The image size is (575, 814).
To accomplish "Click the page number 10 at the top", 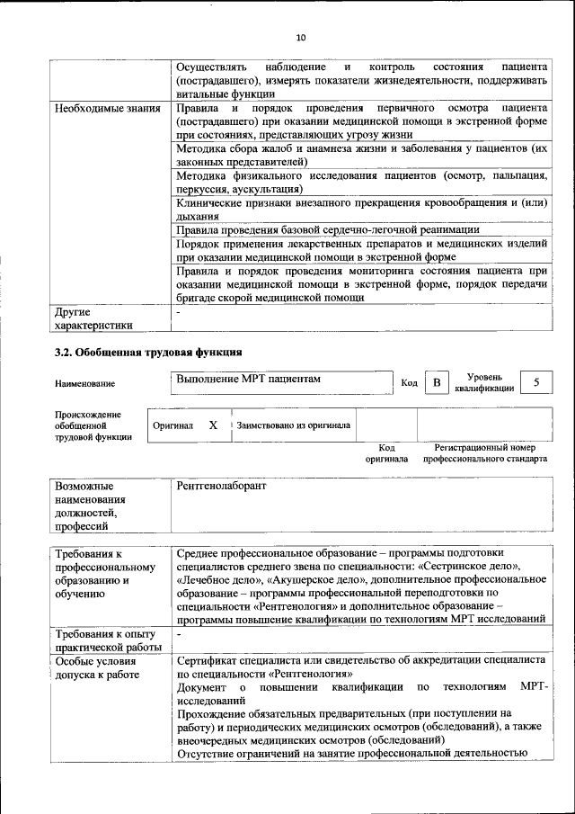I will coord(301,37).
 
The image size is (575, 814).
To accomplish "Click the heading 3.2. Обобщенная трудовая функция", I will coord(148,352).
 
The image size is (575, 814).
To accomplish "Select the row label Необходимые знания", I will coord(107,108).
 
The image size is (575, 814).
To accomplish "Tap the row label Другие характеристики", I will coord(93,319).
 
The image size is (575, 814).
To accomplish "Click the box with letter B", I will coord(437,383).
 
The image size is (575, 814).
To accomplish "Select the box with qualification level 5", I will coord(536,383).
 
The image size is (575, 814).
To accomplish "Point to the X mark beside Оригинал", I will coord(213,425).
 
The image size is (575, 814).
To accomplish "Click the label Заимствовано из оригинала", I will coord(293,425).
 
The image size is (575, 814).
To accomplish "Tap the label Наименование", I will coord(84,384).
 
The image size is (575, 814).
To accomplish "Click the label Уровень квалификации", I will coord(484,383).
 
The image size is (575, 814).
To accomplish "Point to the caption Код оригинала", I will coord(387,452).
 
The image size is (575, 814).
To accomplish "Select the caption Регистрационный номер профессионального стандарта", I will coord(485,452).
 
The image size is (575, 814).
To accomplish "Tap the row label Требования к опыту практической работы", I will coord(107,641).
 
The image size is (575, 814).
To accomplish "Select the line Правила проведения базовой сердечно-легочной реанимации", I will coord(328,231).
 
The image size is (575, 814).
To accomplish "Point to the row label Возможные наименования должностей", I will coord(90,505).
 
